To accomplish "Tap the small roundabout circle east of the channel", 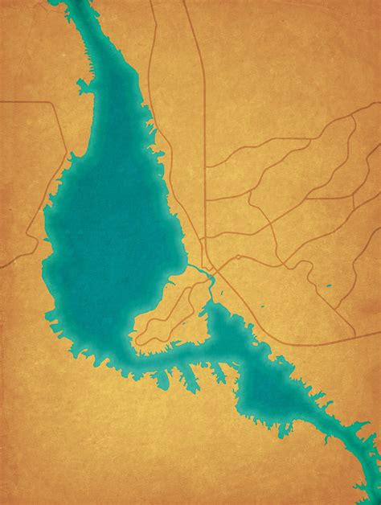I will [x=238, y=257].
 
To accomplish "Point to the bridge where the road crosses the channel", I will [x=210, y=277].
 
